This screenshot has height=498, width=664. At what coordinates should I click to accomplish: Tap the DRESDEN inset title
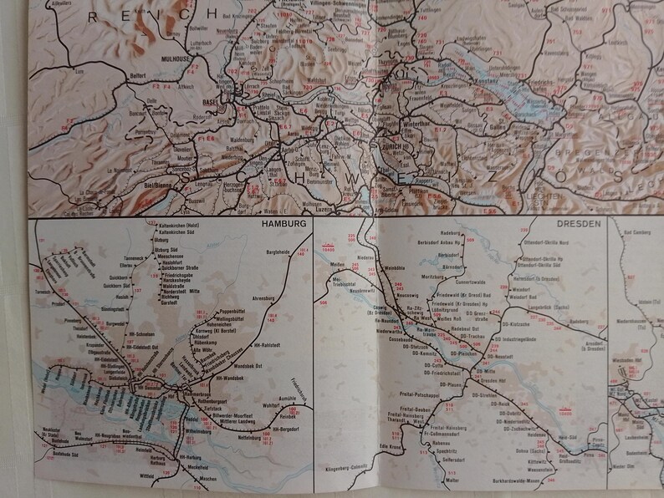click(575, 226)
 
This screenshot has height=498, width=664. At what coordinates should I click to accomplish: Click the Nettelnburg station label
click(242, 435)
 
